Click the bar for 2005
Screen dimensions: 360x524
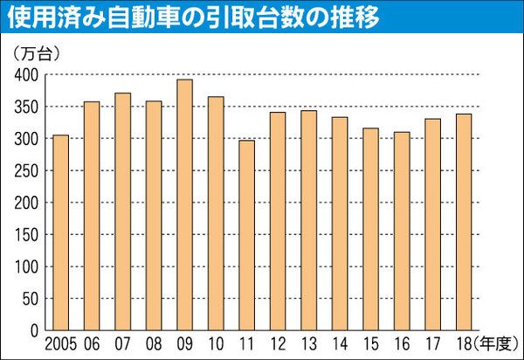(60, 233)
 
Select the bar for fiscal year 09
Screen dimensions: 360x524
(184, 205)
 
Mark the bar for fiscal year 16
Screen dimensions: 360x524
(402, 232)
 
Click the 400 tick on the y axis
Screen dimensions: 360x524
(27, 75)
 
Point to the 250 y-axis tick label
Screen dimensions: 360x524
(27, 171)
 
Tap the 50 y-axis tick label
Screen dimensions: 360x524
(31, 300)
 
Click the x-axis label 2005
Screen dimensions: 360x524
(60, 343)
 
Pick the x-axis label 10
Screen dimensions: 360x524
(216, 343)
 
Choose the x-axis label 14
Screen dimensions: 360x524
(340, 343)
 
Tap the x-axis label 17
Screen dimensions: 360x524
(433, 343)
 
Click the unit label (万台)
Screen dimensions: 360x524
(37, 54)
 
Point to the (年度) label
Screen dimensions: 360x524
(497, 343)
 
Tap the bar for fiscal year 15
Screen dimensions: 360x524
(370, 230)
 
